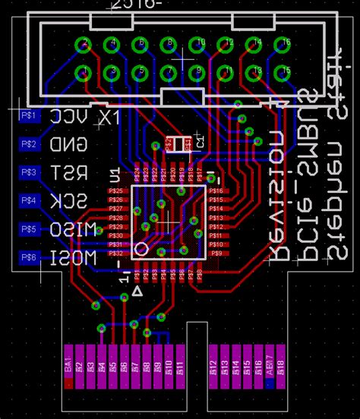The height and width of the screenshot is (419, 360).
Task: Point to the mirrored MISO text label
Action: pyautogui.click(x=73, y=229)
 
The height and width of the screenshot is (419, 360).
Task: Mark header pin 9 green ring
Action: pyautogui.click(x=197, y=73)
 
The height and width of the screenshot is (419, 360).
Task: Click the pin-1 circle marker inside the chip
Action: pyautogui.click(x=141, y=248)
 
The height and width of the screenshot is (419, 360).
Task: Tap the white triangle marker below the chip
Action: pyautogui.click(x=137, y=291)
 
